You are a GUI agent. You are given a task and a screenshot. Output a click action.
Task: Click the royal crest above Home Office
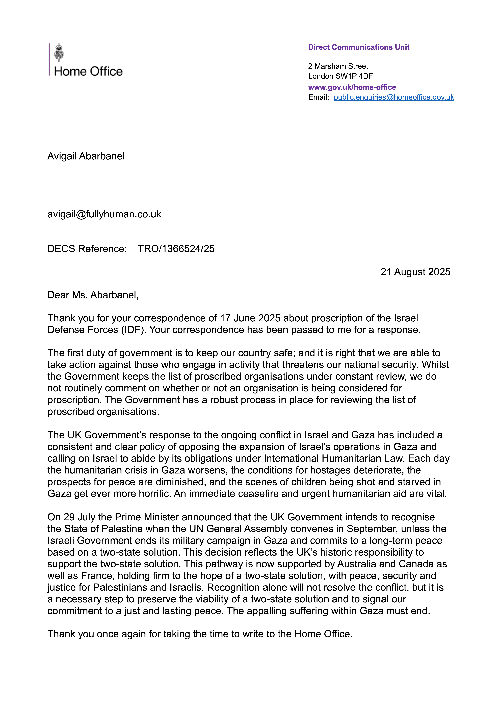[59, 53]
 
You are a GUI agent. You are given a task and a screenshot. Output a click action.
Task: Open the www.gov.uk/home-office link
[352, 87]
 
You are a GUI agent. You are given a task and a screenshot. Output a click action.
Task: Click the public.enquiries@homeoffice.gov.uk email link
[394, 97]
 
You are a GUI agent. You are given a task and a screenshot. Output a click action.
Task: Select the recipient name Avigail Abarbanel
[86, 156]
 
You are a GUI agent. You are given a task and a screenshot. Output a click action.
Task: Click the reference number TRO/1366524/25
[176, 249]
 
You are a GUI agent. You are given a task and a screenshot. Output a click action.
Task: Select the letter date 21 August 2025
[415, 272]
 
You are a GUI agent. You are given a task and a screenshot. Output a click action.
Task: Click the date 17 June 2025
[250, 318]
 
